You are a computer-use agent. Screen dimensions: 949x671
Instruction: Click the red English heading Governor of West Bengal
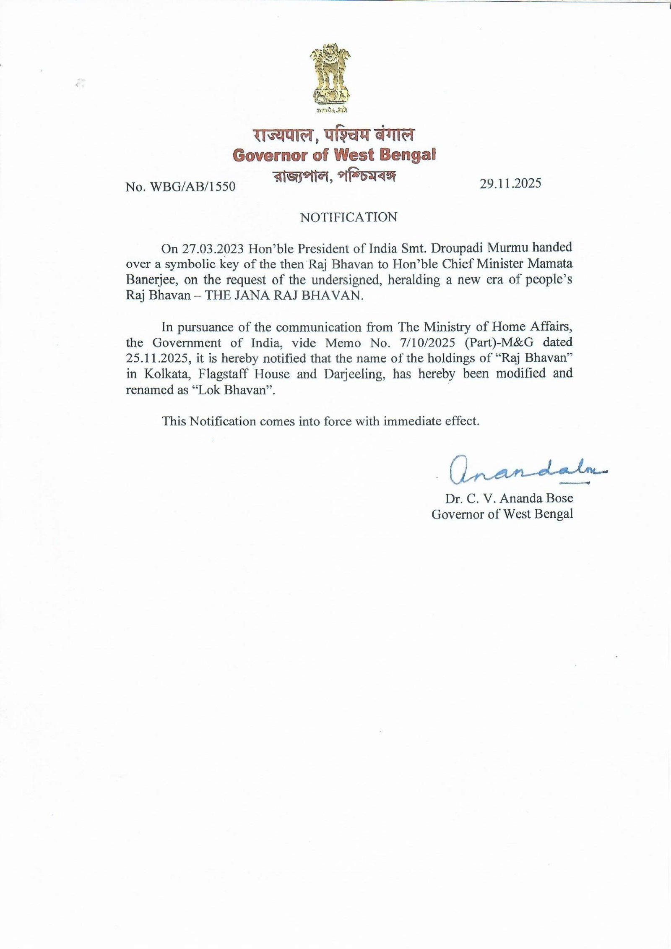(334, 155)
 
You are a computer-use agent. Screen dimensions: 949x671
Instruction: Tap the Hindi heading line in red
(334, 136)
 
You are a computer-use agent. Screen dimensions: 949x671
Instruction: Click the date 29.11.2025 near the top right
(511, 183)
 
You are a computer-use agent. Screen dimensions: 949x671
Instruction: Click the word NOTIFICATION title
(349, 217)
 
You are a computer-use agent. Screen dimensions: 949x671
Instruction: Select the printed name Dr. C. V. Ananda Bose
(509, 498)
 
